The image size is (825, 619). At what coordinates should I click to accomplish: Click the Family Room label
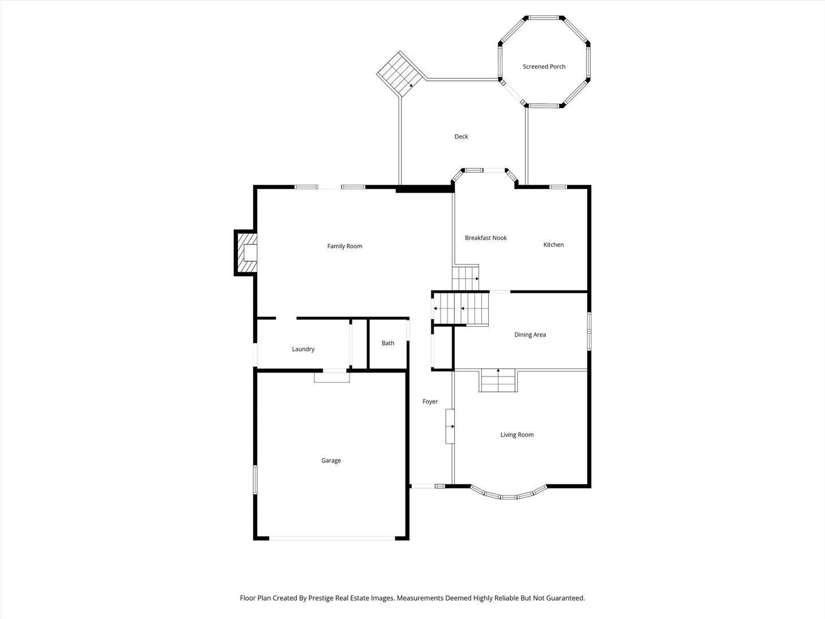point(345,246)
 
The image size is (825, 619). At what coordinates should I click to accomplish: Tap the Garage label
point(331,461)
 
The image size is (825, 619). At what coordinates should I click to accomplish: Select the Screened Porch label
point(544,67)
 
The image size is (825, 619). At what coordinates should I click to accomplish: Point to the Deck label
point(461,137)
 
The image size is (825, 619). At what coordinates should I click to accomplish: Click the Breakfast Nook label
point(486,238)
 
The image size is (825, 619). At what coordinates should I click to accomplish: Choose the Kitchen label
point(553,245)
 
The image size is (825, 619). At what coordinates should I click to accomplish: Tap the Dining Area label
point(530,335)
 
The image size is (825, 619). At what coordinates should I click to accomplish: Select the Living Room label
point(517,435)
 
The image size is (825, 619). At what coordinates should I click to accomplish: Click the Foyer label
point(430,402)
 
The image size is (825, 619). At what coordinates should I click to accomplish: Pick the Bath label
point(388,343)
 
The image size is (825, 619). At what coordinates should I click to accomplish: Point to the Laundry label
point(303,349)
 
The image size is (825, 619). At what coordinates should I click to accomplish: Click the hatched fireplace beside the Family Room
point(246,253)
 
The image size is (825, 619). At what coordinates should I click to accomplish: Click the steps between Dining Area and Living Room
point(498,381)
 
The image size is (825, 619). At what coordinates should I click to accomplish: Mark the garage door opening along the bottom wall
point(332,538)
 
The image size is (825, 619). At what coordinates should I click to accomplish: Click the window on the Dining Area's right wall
point(588,331)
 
